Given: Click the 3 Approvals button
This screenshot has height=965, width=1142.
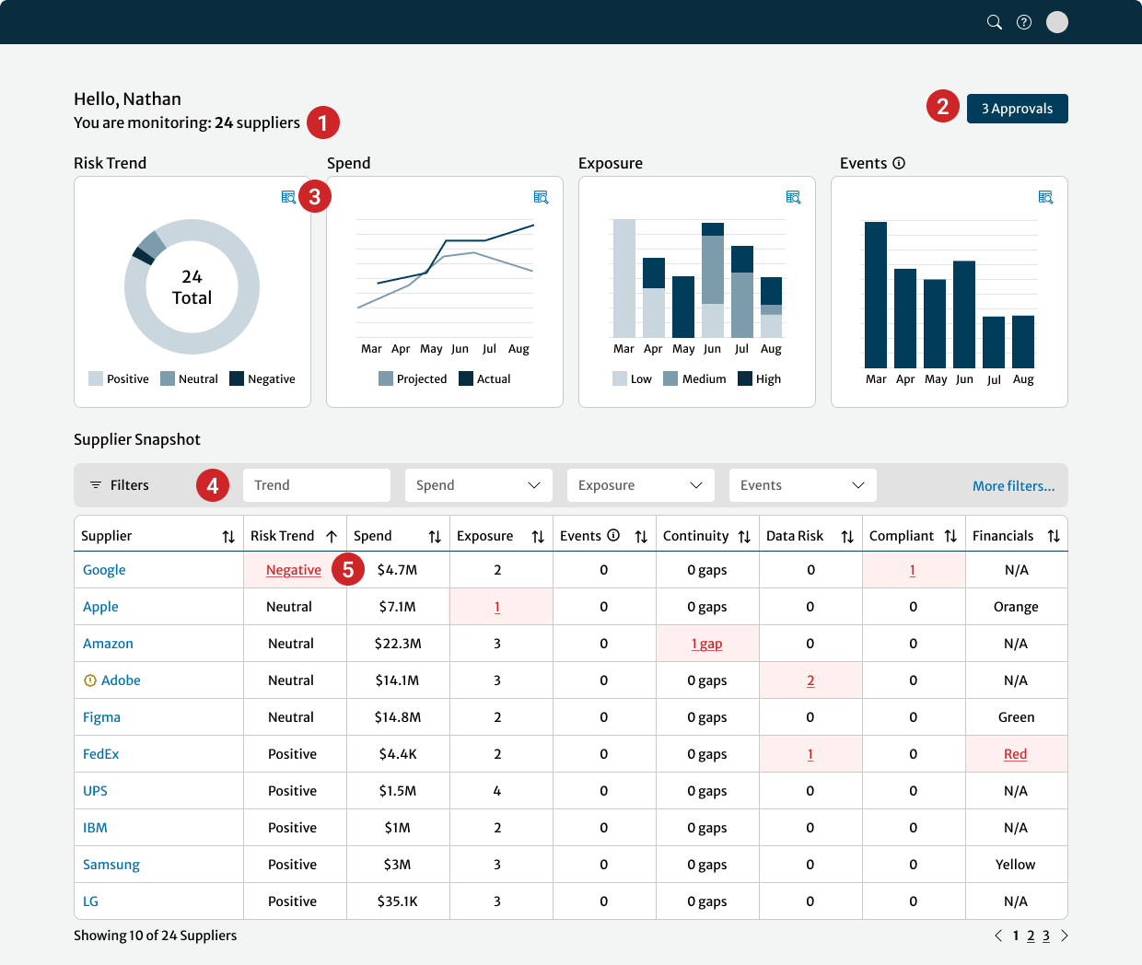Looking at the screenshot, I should (1017, 109).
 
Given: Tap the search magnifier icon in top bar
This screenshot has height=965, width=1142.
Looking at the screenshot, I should (995, 22).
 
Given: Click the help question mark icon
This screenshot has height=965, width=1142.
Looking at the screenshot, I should (1024, 22).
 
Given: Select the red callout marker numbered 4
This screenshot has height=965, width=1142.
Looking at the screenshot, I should (213, 485).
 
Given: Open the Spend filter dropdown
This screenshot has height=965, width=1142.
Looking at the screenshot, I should (478, 485).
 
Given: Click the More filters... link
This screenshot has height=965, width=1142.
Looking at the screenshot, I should (1013, 486).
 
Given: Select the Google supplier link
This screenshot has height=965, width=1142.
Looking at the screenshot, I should (104, 570).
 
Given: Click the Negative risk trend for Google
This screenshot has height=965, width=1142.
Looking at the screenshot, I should (294, 570).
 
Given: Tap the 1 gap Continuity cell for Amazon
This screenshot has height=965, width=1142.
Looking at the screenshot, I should (706, 644).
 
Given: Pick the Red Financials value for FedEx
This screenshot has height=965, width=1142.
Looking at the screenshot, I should (1015, 754).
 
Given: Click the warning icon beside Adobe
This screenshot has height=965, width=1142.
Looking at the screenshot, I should (90, 680).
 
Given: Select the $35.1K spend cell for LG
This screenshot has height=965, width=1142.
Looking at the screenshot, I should (398, 901).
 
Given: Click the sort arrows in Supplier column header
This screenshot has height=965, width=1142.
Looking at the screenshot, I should (228, 537).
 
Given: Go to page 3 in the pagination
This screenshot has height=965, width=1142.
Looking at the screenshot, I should (1046, 936).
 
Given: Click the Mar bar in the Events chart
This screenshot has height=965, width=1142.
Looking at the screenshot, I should (876, 295).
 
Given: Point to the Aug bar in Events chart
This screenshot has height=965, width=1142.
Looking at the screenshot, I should (1023, 342).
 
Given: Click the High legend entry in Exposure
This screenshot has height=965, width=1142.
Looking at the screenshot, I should (760, 378).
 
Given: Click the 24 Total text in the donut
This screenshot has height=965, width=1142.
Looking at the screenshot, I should (192, 287).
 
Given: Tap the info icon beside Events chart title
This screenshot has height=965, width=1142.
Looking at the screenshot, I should (899, 163).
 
